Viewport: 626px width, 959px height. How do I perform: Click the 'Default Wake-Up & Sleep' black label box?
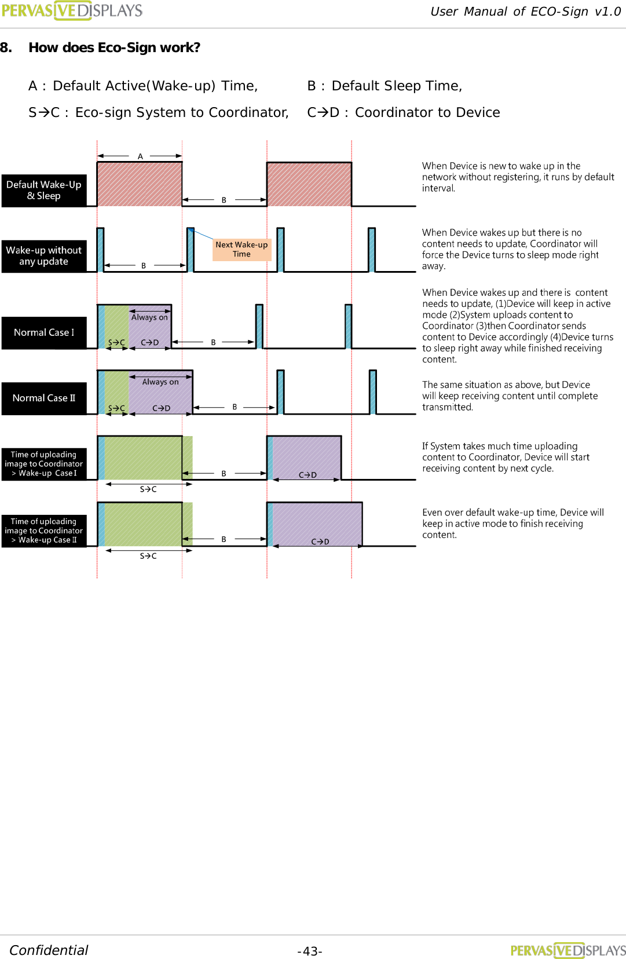[x=44, y=191]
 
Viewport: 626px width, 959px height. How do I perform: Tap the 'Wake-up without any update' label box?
[x=44, y=256]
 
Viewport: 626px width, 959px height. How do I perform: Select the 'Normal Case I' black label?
[x=44, y=332]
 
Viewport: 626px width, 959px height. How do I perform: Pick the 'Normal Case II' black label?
[x=44, y=398]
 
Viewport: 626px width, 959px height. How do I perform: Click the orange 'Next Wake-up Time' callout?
[x=241, y=250]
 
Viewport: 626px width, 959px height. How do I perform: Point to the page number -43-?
[x=310, y=951]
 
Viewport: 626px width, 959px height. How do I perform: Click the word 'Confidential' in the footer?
[x=49, y=950]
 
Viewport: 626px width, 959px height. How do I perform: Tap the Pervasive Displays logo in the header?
[x=72, y=10]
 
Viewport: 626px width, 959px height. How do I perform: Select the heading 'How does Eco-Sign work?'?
[x=114, y=47]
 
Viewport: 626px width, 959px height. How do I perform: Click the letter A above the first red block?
[x=140, y=156]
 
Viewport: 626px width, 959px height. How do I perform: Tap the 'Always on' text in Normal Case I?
[x=149, y=317]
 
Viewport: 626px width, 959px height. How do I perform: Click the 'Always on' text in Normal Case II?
[x=160, y=382]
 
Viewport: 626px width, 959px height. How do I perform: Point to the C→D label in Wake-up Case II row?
[x=320, y=541]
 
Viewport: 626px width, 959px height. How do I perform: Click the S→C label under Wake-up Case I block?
[x=148, y=489]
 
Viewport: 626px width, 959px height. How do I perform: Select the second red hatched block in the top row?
[x=309, y=184]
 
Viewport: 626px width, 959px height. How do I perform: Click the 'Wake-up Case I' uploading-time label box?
[x=44, y=464]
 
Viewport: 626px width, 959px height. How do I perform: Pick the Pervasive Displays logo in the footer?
[x=568, y=950]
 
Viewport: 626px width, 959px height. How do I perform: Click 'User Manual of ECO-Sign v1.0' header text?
[x=525, y=12]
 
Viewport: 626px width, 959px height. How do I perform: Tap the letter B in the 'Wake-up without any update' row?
[x=144, y=266]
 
